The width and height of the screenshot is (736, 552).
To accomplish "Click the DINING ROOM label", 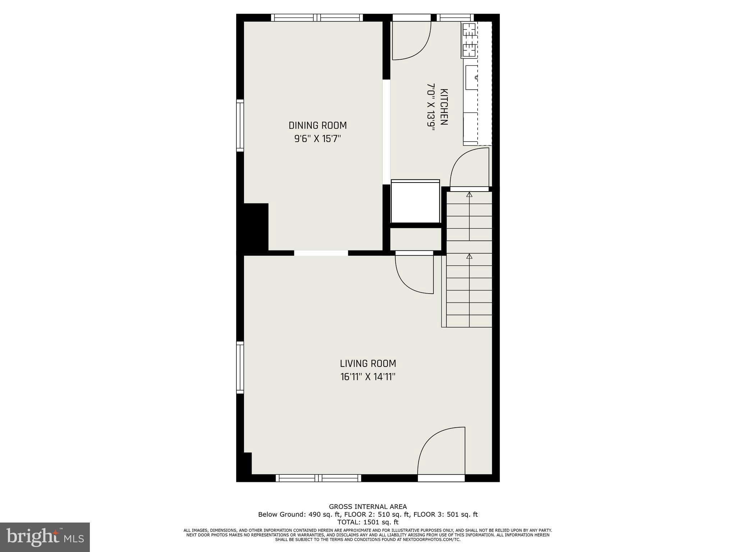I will tap(318, 125).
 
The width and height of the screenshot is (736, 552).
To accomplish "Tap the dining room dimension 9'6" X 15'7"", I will tap(318, 139).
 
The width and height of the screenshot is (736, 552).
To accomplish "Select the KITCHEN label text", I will tap(444, 107).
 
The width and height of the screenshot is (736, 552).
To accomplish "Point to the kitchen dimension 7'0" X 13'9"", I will tap(431, 107).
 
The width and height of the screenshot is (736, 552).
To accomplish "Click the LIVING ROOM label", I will tap(368, 363).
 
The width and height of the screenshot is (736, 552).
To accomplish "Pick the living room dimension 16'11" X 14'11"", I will tap(368, 377).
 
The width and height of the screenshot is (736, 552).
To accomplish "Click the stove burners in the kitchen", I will tap(469, 40).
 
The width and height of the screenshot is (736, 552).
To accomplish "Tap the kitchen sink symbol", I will tap(471, 77).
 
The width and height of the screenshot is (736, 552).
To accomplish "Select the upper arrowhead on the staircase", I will tap(469, 195).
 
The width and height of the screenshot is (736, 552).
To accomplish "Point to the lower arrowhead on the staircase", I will tap(469, 256).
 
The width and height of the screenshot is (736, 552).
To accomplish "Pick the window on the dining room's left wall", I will tap(240, 125).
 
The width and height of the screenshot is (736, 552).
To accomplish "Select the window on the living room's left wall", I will tap(240, 367).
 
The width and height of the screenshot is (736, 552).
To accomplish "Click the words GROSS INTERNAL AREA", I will tap(368, 507).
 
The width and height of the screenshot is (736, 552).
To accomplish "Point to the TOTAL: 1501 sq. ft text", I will tap(368, 522).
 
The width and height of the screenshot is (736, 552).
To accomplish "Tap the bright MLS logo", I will tap(45, 537).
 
